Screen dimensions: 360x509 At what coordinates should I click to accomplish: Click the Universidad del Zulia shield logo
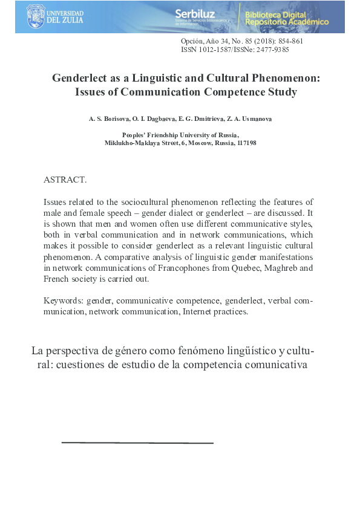36,16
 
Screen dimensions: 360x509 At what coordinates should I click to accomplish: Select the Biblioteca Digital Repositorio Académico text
287,18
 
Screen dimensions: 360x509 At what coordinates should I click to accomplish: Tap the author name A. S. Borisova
104,119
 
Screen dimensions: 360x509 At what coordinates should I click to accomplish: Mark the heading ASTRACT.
65,180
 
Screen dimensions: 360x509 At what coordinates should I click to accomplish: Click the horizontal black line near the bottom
137,443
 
